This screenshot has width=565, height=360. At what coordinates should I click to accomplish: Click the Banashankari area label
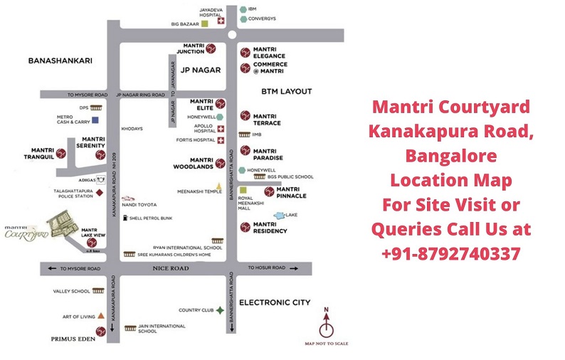[x=60, y=61]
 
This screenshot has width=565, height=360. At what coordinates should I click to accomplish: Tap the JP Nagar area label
[x=201, y=70]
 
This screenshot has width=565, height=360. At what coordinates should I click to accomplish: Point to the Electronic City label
[x=275, y=302]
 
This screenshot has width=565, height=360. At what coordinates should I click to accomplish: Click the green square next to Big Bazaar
[x=204, y=23]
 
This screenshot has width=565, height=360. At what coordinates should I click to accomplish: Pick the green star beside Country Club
[x=221, y=310]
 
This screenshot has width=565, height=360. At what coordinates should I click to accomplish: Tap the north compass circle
[x=327, y=329]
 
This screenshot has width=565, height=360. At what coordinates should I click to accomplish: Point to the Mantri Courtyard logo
[x=26, y=233]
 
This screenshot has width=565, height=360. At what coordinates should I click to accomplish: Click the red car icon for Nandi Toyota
[x=127, y=199]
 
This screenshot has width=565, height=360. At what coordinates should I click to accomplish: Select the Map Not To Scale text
[x=327, y=344]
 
